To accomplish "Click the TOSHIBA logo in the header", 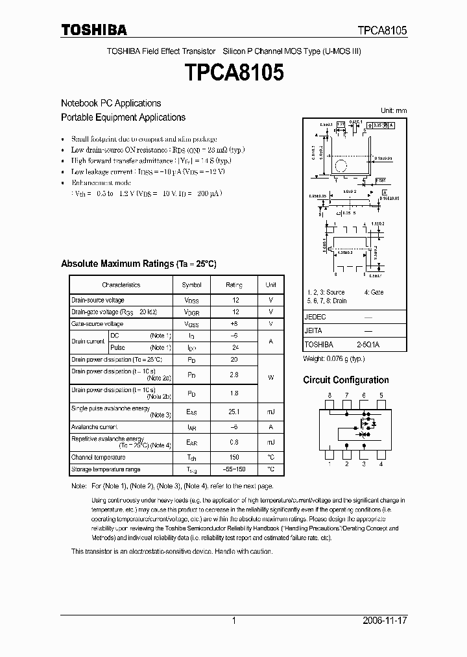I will [x=94, y=30].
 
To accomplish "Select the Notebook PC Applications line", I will [x=111, y=103].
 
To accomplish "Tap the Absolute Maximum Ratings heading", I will [x=138, y=264].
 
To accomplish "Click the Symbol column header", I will [x=191, y=285].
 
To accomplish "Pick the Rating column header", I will [x=234, y=285].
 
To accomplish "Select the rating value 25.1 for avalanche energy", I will [x=234, y=412].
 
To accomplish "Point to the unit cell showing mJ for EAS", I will [x=270, y=412].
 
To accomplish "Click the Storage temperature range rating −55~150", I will [x=234, y=469].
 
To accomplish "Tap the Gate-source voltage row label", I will [x=97, y=323].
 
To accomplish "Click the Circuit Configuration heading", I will [x=346, y=380].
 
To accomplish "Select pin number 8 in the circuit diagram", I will [x=329, y=395].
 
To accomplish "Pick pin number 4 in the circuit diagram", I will [x=381, y=464].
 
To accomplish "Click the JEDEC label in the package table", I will [x=315, y=317].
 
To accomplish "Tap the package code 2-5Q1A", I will [x=368, y=345].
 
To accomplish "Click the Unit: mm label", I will [x=394, y=111].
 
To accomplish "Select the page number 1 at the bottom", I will [x=233, y=621].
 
